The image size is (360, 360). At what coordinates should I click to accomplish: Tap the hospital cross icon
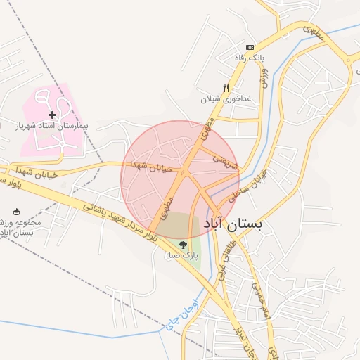pyautogui.click(x=52, y=115)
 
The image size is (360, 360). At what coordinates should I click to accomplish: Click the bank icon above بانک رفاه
pyautogui.click(x=250, y=46)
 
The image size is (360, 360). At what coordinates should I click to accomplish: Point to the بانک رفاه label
pyautogui.click(x=250, y=57)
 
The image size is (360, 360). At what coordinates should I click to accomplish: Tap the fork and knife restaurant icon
pyautogui.click(x=226, y=88)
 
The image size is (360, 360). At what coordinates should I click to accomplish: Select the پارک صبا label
pyautogui.click(x=184, y=257)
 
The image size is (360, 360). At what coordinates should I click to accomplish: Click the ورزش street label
pyautogui.click(x=264, y=77)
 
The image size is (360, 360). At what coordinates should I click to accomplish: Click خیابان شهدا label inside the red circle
pyautogui.click(x=150, y=166)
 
